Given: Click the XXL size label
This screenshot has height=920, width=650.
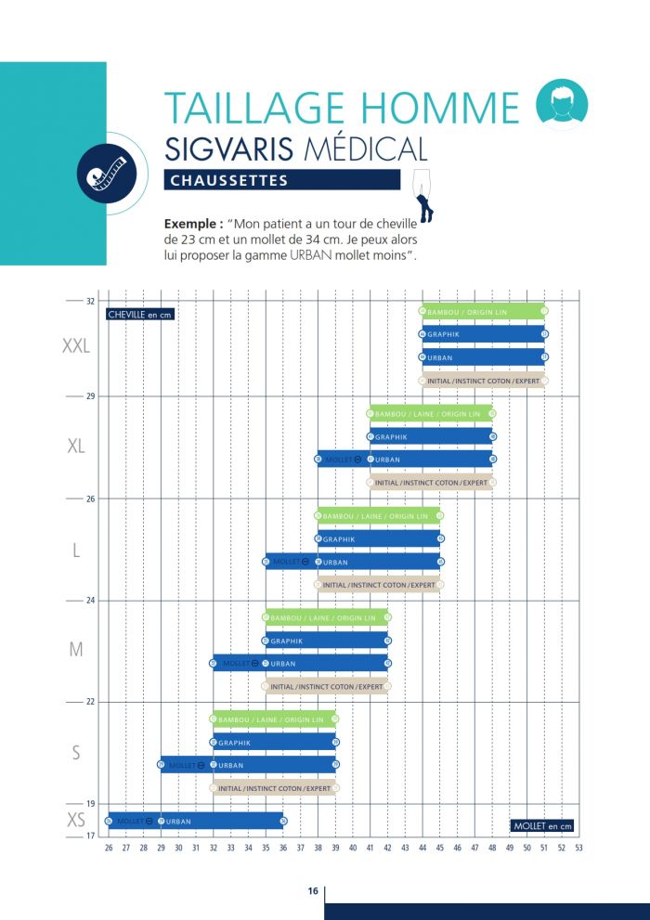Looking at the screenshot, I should [76, 346].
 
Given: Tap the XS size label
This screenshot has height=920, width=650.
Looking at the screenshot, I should [76, 820].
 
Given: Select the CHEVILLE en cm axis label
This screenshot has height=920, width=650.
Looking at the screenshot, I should [140, 315].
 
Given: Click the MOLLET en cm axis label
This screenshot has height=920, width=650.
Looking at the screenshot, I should [543, 825].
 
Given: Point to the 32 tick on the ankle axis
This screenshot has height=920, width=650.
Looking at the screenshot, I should [91, 302].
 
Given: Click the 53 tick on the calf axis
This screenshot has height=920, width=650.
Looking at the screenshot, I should [578, 847].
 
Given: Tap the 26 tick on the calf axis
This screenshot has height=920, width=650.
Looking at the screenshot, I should [109, 847].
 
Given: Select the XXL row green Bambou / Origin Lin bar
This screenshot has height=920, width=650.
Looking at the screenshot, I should [483, 311].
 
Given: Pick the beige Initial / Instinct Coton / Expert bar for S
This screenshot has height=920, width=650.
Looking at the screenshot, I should [274, 788].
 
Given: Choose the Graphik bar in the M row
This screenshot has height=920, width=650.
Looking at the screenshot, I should [326, 641].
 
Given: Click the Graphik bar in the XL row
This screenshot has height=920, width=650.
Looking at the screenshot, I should [431, 436].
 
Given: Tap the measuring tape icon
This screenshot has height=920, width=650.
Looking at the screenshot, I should [107, 173].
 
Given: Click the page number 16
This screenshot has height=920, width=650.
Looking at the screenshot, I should [313, 891].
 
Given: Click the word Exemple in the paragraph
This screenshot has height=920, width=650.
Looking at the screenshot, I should [192, 224].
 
